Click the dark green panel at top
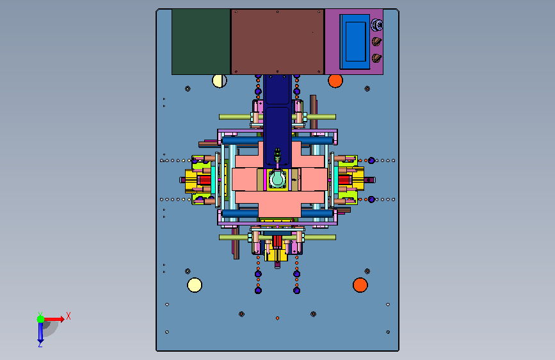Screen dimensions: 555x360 tap(201, 42)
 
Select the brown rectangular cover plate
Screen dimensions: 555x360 tap(278, 42)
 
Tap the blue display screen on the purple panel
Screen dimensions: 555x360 tap(355, 42)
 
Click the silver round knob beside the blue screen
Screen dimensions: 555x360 tap(377, 25)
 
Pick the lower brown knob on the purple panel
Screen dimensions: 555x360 tap(376, 58)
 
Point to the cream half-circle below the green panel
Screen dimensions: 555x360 tap(220, 81)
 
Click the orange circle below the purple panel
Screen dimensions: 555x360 tap(335, 81)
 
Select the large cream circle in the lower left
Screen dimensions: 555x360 tap(195, 285)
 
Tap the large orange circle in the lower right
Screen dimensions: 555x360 tap(360, 285)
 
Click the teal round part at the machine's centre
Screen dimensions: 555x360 tap(277, 179)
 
